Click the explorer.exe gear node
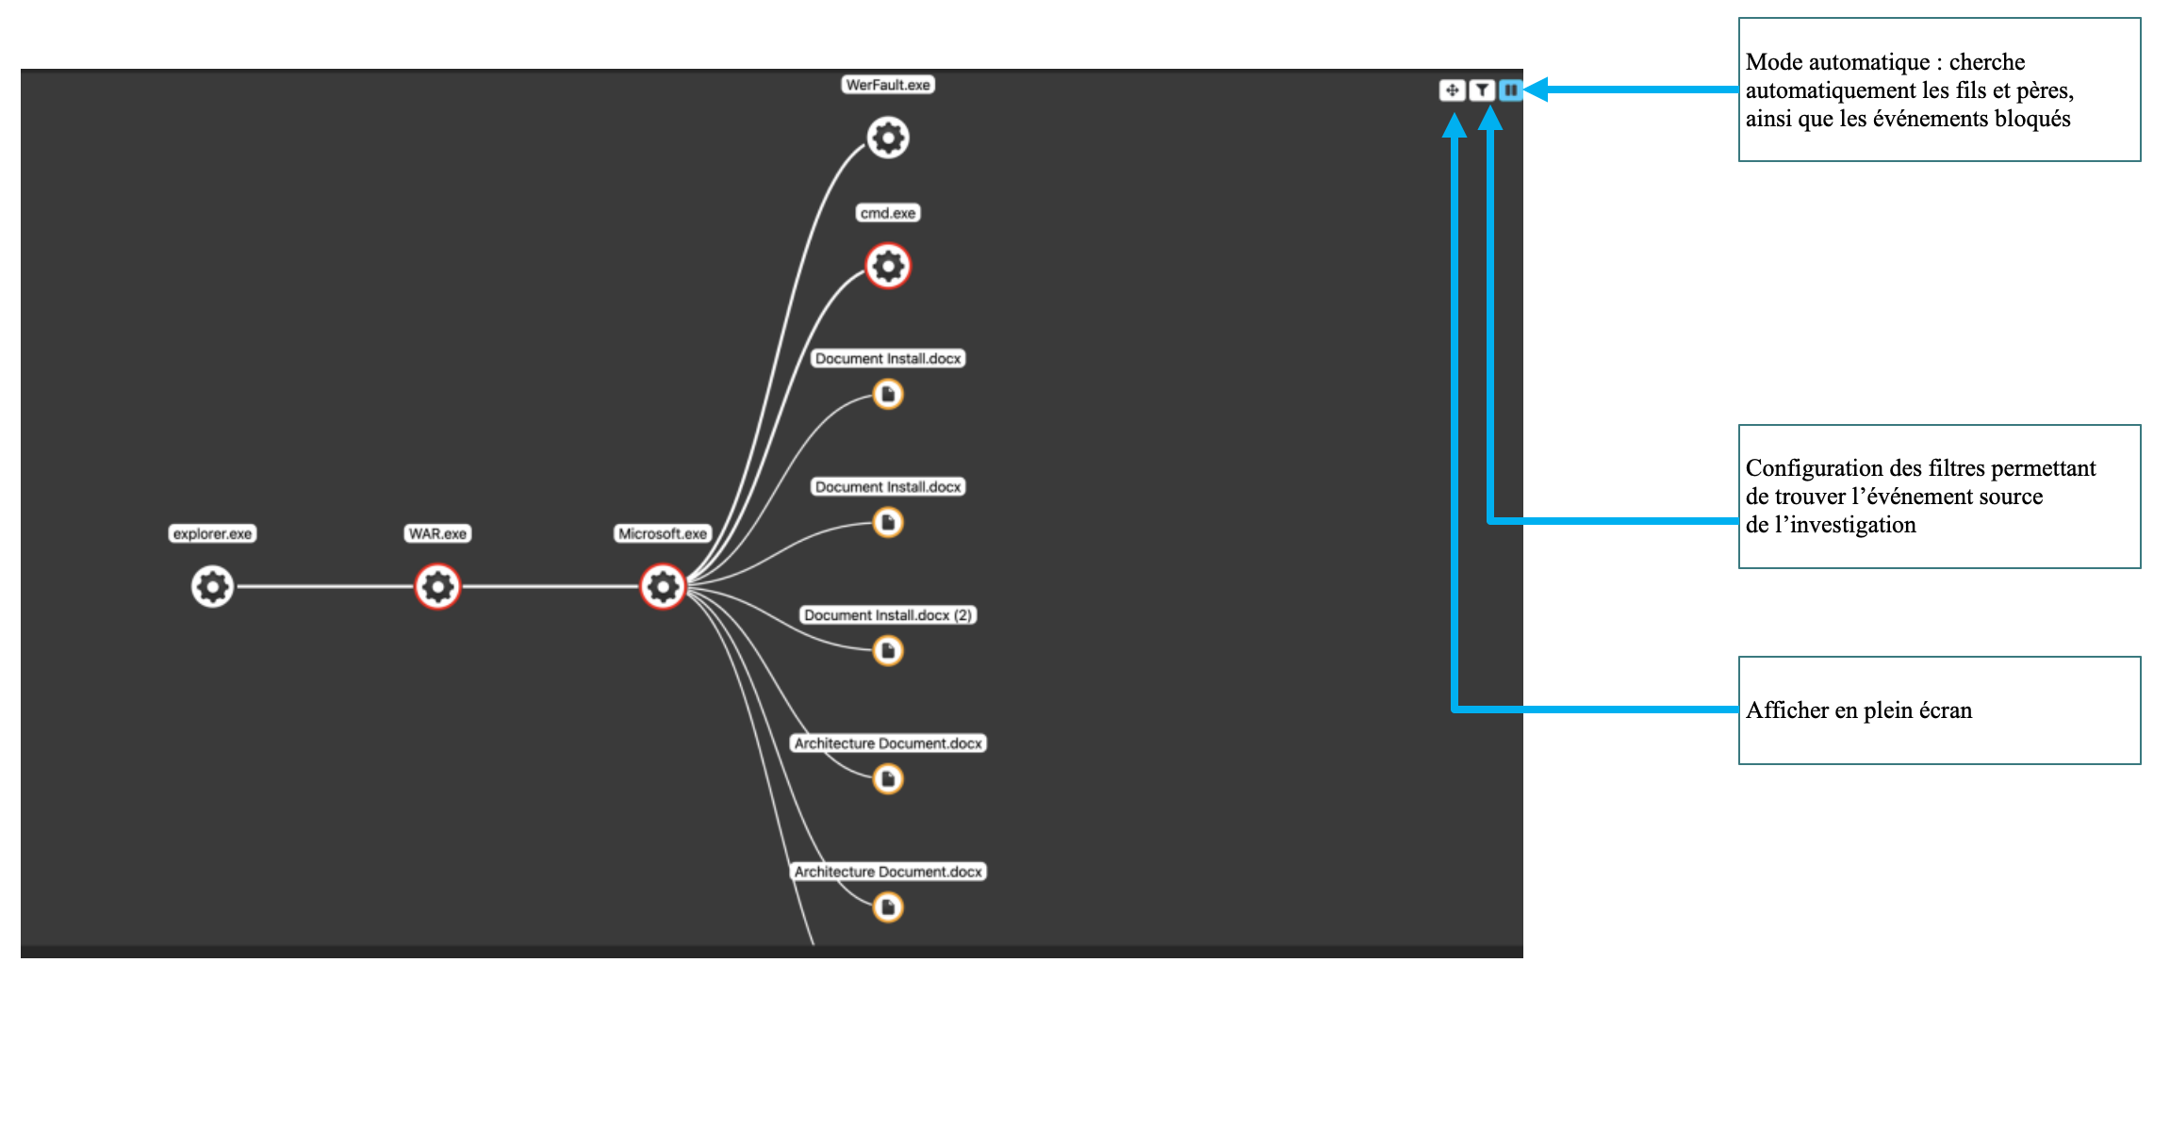coord(212,586)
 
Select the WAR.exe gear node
coord(437,586)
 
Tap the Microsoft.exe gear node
coord(663,586)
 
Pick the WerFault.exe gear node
coord(888,138)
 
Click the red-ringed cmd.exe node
coord(888,266)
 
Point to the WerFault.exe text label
coord(888,85)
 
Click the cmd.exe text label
coord(888,213)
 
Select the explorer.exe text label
coord(212,533)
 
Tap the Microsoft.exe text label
coord(663,533)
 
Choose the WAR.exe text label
coord(437,533)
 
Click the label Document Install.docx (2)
coord(888,615)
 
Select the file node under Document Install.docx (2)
coord(888,650)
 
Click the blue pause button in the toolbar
coord(1510,90)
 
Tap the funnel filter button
coord(1482,90)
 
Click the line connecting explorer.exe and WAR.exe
coord(325,586)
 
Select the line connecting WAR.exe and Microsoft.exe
coord(551,586)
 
